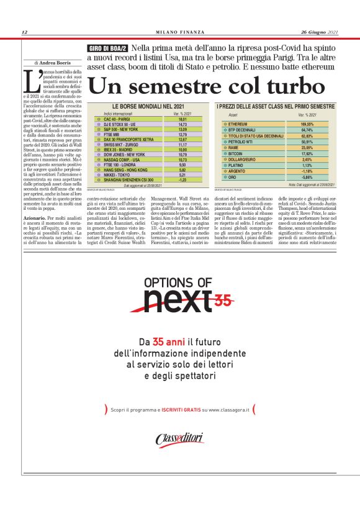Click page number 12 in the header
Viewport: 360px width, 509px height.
24,32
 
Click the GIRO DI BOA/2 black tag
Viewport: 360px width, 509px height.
107,48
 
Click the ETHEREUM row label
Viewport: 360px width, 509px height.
239,124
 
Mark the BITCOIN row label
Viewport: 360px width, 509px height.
237,153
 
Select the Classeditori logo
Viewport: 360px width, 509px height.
180,439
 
